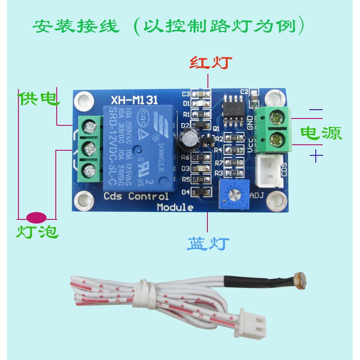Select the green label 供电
pyautogui.click(x=39, y=98)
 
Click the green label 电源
pyautogui.click(x=321, y=133)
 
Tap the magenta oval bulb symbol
pyautogui.click(x=37, y=216)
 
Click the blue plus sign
pyautogui.click(x=316, y=157)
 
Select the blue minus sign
pyautogui.click(x=316, y=110)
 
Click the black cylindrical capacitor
pyautogui.click(x=189, y=138)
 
